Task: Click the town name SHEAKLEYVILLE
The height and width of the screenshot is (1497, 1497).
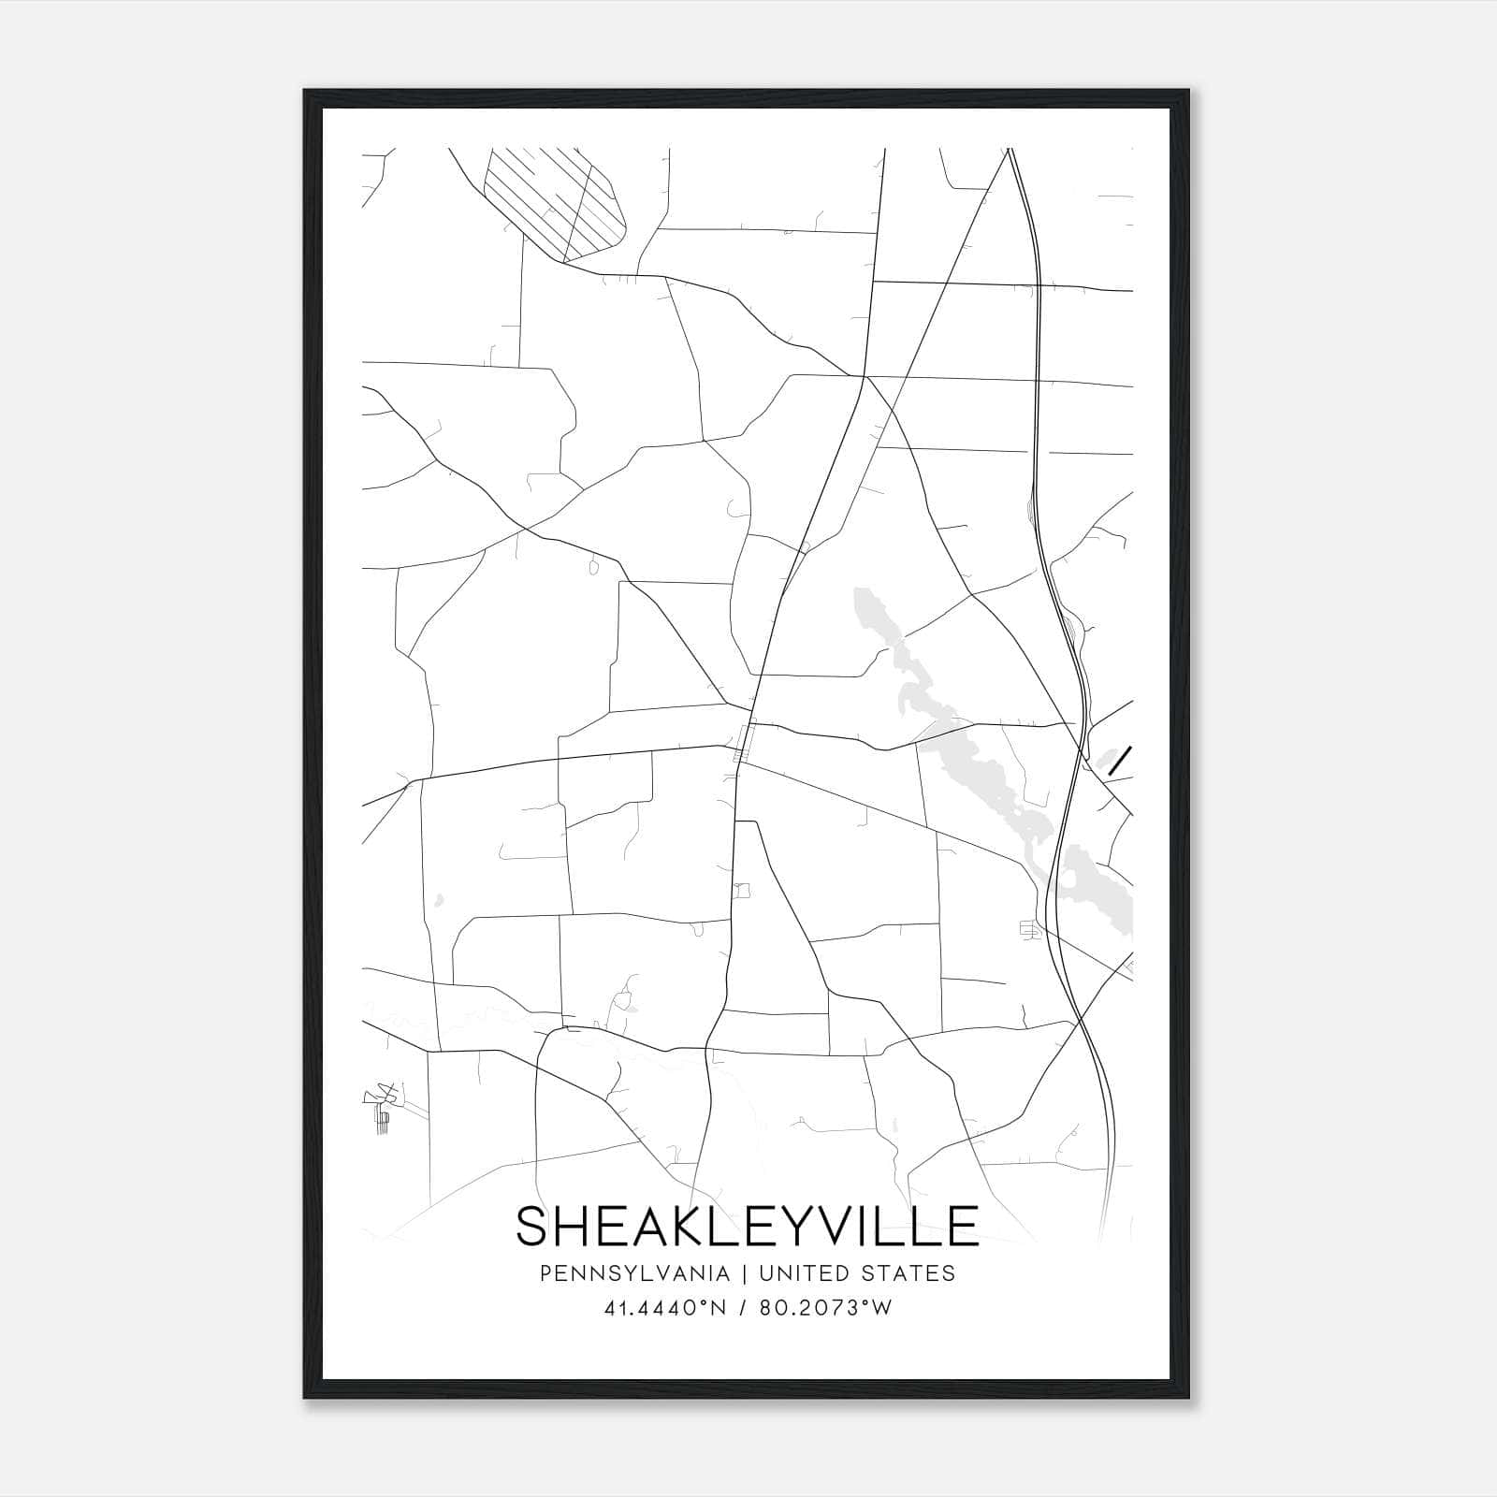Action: pyautogui.click(x=747, y=1227)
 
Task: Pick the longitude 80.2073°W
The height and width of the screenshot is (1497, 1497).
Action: pyautogui.click(x=823, y=1308)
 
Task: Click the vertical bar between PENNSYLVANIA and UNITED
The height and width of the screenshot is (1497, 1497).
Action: pyautogui.click(x=745, y=1273)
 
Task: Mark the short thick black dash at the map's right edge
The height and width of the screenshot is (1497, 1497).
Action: pyautogui.click(x=1120, y=761)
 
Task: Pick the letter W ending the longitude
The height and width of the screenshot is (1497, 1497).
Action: pyautogui.click(x=881, y=1308)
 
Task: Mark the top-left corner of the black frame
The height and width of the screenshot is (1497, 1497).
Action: pyautogui.click(x=306, y=92)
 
